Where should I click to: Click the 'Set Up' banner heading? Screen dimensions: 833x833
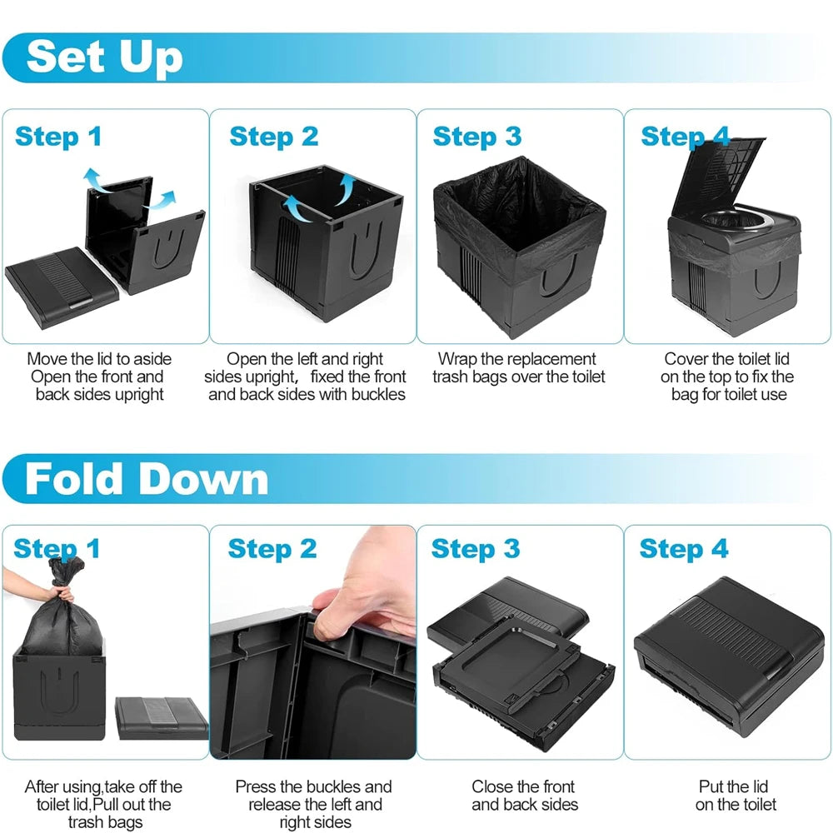pyautogui.click(x=104, y=57)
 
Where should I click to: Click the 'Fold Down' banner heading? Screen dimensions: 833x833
pyautogui.click(x=147, y=479)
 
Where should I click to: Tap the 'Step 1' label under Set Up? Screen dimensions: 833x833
pyautogui.click(x=58, y=136)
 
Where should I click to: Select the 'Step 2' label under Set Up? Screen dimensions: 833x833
pyautogui.click(x=273, y=136)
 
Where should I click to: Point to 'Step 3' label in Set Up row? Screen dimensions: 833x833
pyautogui.click(x=476, y=136)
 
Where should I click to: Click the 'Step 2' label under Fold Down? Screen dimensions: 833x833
pyautogui.click(x=272, y=549)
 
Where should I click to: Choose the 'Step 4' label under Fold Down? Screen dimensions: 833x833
pyautogui.click(x=683, y=549)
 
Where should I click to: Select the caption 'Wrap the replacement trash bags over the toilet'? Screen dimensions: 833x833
pyautogui.click(x=518, y=367)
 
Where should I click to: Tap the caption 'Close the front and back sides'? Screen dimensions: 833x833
pyautogui.click(x=525, y=796)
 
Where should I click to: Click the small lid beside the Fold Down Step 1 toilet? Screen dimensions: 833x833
pyautogui.click(x=160, y=718)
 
